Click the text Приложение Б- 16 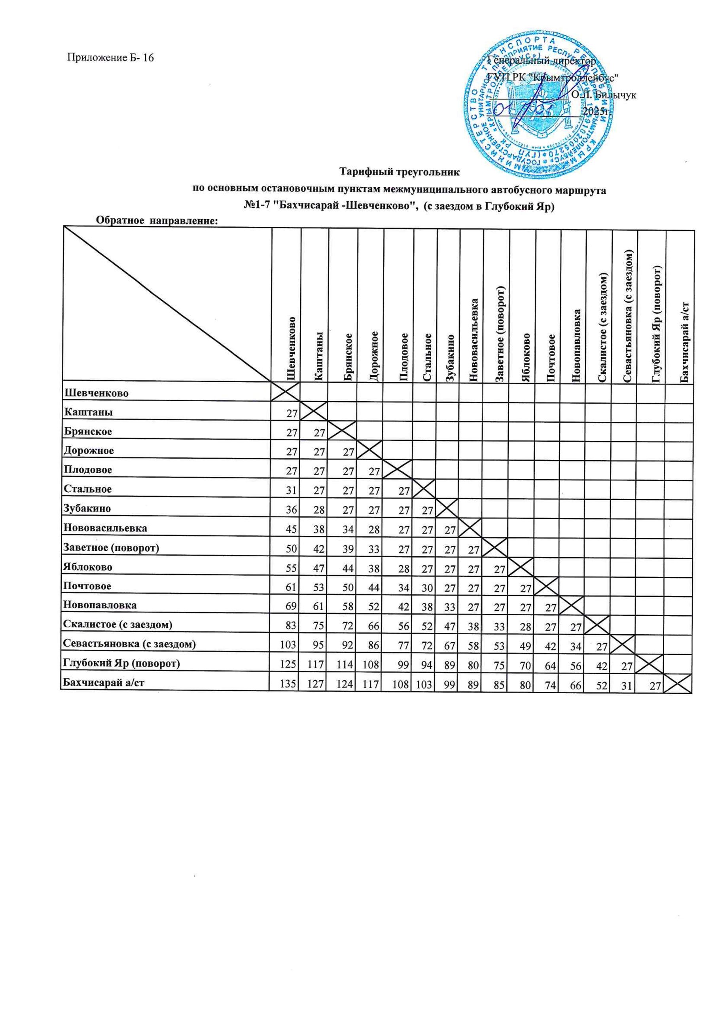(110, 58)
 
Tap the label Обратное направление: (157, 220)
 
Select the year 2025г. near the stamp (596, 112)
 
